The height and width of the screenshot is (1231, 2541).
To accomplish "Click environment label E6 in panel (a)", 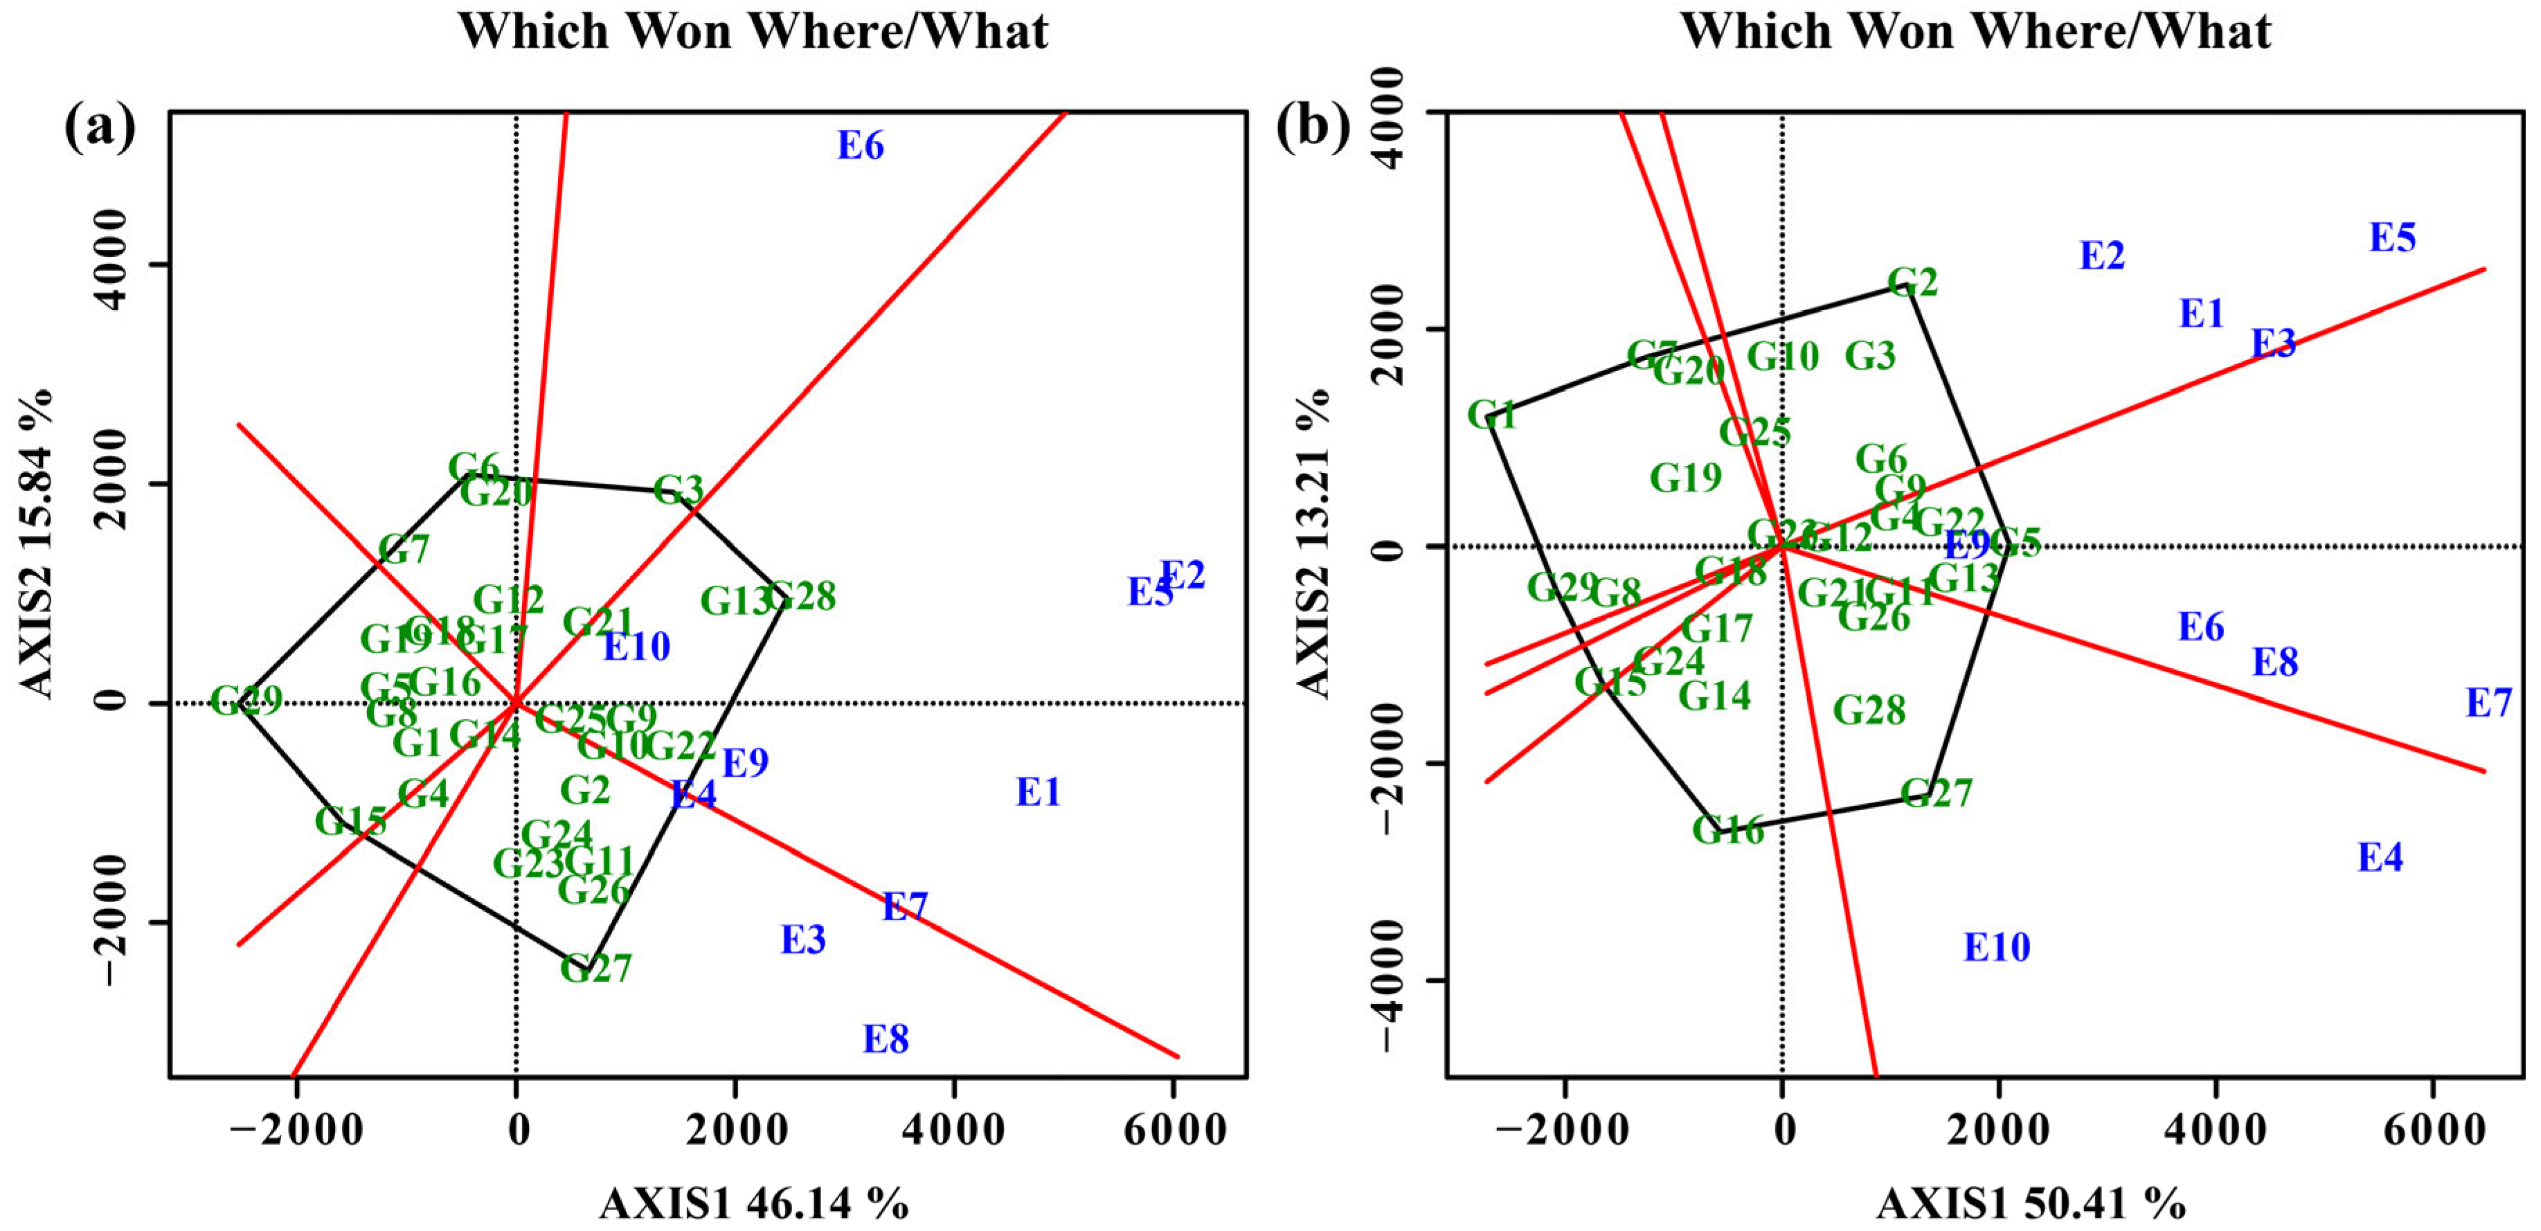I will (860, 146).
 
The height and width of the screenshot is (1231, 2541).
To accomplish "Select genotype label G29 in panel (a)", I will (246, 701).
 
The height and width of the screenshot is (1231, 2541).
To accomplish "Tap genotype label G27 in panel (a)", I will (596, 969).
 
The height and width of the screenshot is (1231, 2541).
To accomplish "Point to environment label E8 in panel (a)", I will (885, 1039).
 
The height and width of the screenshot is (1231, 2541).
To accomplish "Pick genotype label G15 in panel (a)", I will (350, 820).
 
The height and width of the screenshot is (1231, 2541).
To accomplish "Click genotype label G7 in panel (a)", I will (404, 550).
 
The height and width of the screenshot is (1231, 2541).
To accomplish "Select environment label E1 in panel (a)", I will (1038, 792).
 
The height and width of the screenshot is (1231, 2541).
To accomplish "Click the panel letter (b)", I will (1313, 128).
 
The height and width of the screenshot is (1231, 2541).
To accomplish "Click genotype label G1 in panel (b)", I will (1491, 415).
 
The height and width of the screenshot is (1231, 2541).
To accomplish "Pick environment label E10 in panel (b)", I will (1997, 948).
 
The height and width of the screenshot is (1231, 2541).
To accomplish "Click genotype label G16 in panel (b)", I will (1728, 831).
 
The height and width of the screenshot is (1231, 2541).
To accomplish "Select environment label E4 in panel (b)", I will (2380, 858).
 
